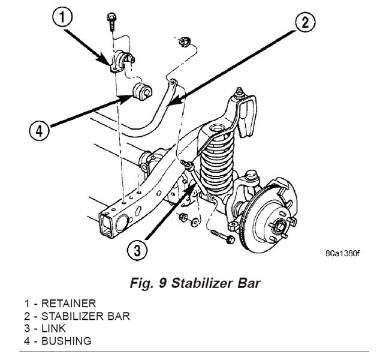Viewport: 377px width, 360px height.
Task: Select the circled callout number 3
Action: coord(138,249)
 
